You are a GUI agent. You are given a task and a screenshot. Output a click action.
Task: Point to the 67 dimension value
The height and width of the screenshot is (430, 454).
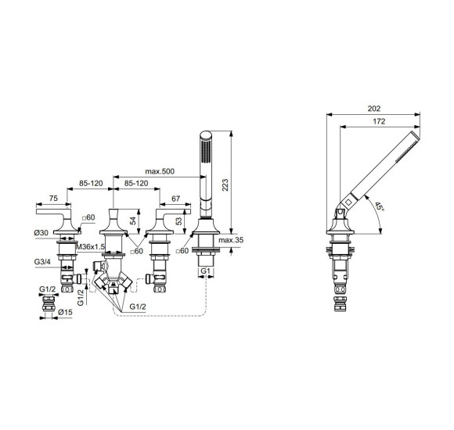click(175, 199)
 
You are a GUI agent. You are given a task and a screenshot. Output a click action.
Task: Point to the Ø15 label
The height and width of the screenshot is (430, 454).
click(67, 314)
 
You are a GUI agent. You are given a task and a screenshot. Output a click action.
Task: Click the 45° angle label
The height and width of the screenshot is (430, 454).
click(380, 208)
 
